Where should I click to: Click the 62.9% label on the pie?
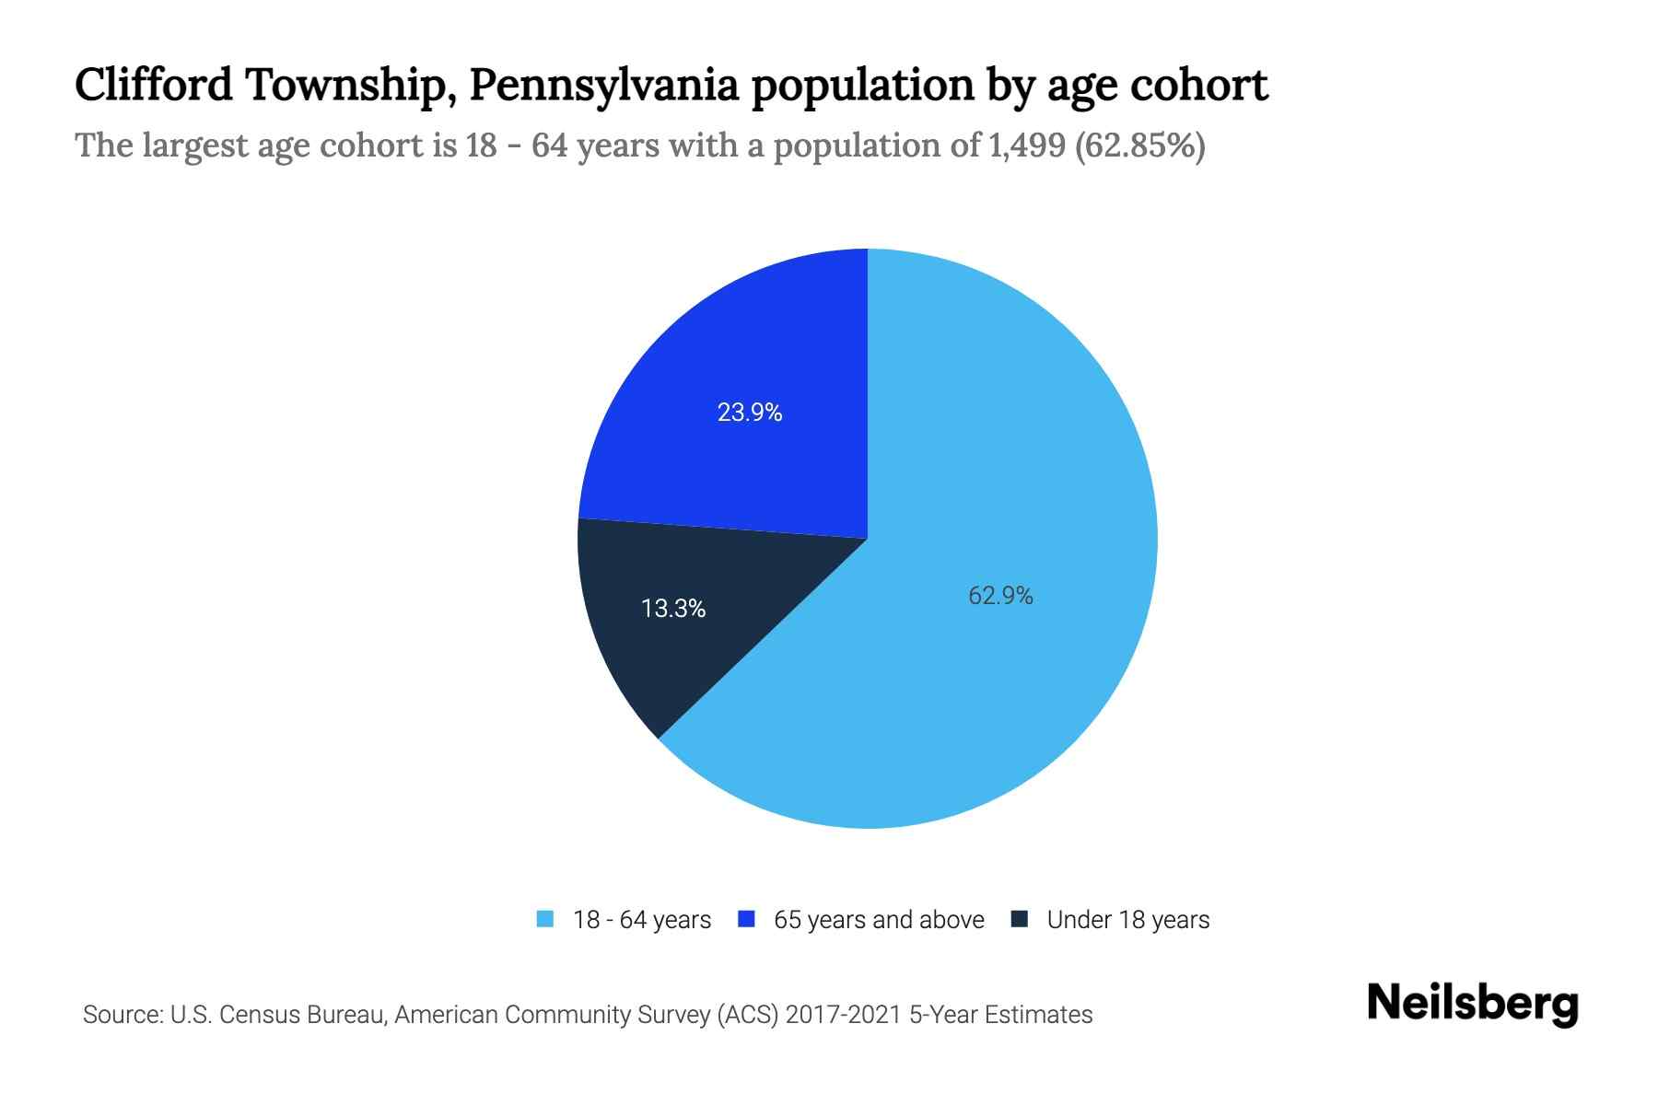[x=1000, y=596]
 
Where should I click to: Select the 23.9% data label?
[x=750, y=413]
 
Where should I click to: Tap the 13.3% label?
[x=673, y=609]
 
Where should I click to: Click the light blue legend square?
[x=545, y=919]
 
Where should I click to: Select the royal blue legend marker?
[x=747, y=919]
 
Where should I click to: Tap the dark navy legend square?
[x=1020, y=919]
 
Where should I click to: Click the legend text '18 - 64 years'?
[x=642, y=920]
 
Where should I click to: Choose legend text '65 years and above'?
[x=879, y=920]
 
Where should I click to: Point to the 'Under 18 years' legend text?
[x=1128, y=920]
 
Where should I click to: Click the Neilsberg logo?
[x=1472, y=1004]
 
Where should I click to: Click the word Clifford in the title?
[x=154, y=86]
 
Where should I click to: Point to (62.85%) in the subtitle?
[x=1140, y=145]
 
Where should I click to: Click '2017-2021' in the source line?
[x=844, y=1015]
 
